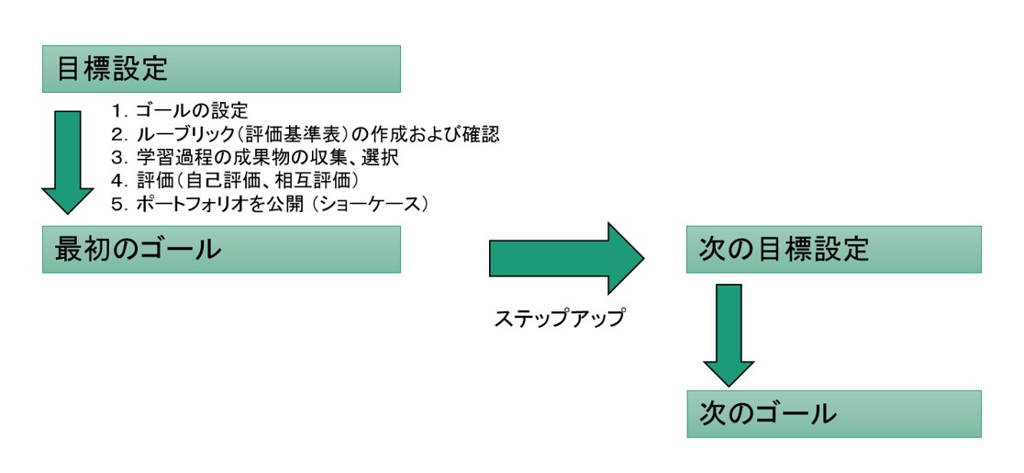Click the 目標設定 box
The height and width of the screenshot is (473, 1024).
[220, 69]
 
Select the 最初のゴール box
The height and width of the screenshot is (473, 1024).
[220, 249]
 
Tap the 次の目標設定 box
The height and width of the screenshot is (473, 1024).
[833, 249]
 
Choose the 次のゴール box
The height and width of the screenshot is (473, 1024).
[833, 413]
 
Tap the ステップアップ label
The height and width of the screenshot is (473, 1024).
[560, 319]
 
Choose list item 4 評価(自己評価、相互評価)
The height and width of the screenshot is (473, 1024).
[234, 180]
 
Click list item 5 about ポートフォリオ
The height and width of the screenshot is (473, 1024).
[271, 203]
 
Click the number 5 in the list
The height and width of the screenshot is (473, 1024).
[117, 203]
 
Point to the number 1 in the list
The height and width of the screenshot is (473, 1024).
[117, 111]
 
